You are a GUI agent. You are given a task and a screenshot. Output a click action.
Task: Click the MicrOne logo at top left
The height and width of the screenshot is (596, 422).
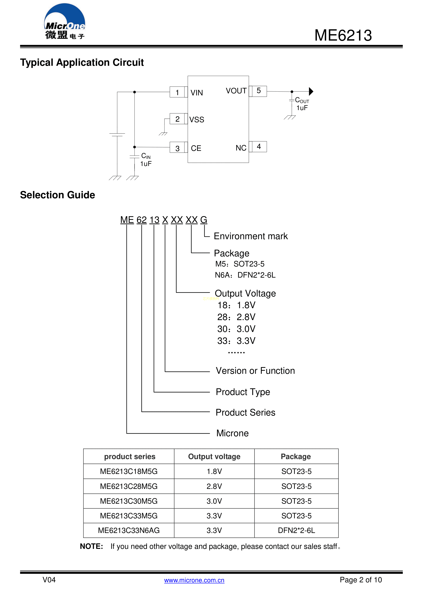pyautogui.click(x=64, y=22)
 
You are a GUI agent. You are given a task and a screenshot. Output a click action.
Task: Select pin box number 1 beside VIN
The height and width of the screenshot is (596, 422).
pyautogui.click(x=177, y=92)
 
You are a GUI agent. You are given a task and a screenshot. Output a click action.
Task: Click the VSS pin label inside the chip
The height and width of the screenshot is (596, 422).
pyautogui.click(x=197, y=120)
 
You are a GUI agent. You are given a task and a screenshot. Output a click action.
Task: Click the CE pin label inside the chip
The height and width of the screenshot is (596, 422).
pyautogui.click(x=196, y=148)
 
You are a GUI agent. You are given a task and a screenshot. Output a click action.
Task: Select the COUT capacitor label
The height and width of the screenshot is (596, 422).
pyautogui.click(x=302, y=100)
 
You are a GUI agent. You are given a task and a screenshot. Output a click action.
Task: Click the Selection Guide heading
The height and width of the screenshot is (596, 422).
pyautogui.click(x=57, y=195)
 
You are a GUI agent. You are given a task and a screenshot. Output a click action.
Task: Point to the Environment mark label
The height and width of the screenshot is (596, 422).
pyautogui.click(x=251, y=236)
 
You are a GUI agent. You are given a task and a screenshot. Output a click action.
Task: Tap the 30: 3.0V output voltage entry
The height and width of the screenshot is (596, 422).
pyautogui.click(x=236, y=329)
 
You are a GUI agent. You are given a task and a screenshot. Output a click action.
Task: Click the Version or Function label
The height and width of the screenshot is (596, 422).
pyautogui.click(x=255, y=371)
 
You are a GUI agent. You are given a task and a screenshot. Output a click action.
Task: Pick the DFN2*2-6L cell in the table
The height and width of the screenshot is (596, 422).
pyautogui.click(x=296, y=530)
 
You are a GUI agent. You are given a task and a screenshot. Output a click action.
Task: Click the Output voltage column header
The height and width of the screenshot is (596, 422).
pyautogui.click(x=214, y=457)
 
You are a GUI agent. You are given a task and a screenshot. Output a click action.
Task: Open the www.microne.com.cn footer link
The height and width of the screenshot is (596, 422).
pyautogui.click(x=194, y=580)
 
